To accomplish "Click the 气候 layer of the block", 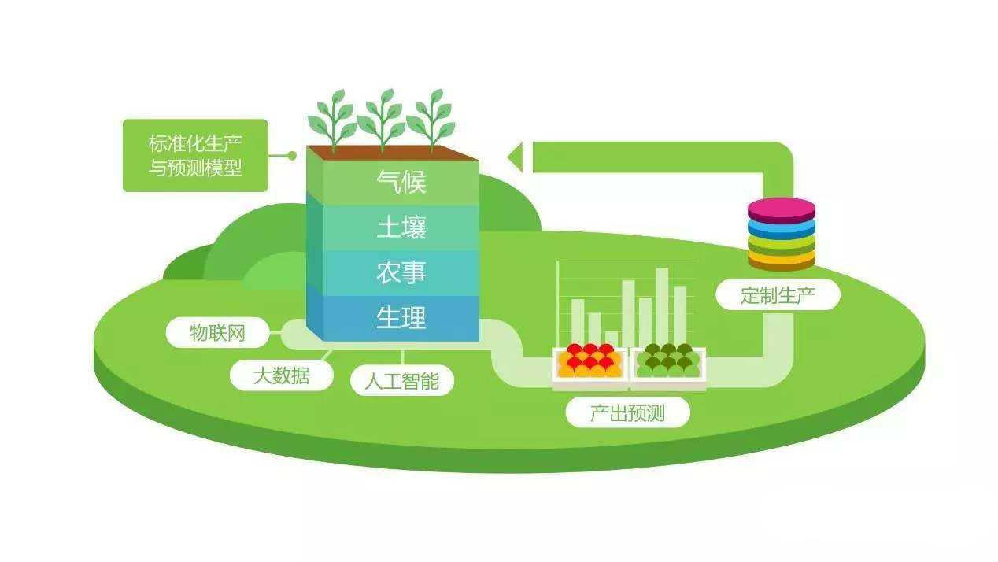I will pos(401,183).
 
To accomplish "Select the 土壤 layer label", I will pos(401,228).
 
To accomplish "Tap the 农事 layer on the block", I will pos(401,273).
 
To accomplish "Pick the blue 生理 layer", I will pos(401,318).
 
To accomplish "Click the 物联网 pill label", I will pos(217,333).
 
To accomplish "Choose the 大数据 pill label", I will pos(281,375).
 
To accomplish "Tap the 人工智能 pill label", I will pos(401,381).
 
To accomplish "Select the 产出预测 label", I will pos(627,412).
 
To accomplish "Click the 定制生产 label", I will pos(778,295).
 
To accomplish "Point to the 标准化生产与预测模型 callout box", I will pos(195,156).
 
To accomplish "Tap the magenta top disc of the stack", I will pos(782,209).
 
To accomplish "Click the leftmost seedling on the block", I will pos(332,120).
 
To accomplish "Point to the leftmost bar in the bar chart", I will pos(578,321).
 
